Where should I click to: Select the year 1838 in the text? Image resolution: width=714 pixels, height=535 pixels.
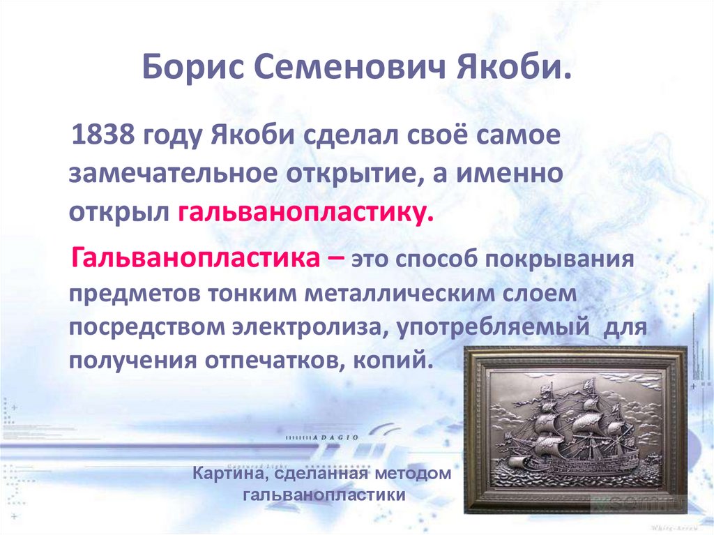pos(103,135)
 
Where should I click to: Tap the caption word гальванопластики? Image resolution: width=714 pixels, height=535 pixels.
pos(324,496)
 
